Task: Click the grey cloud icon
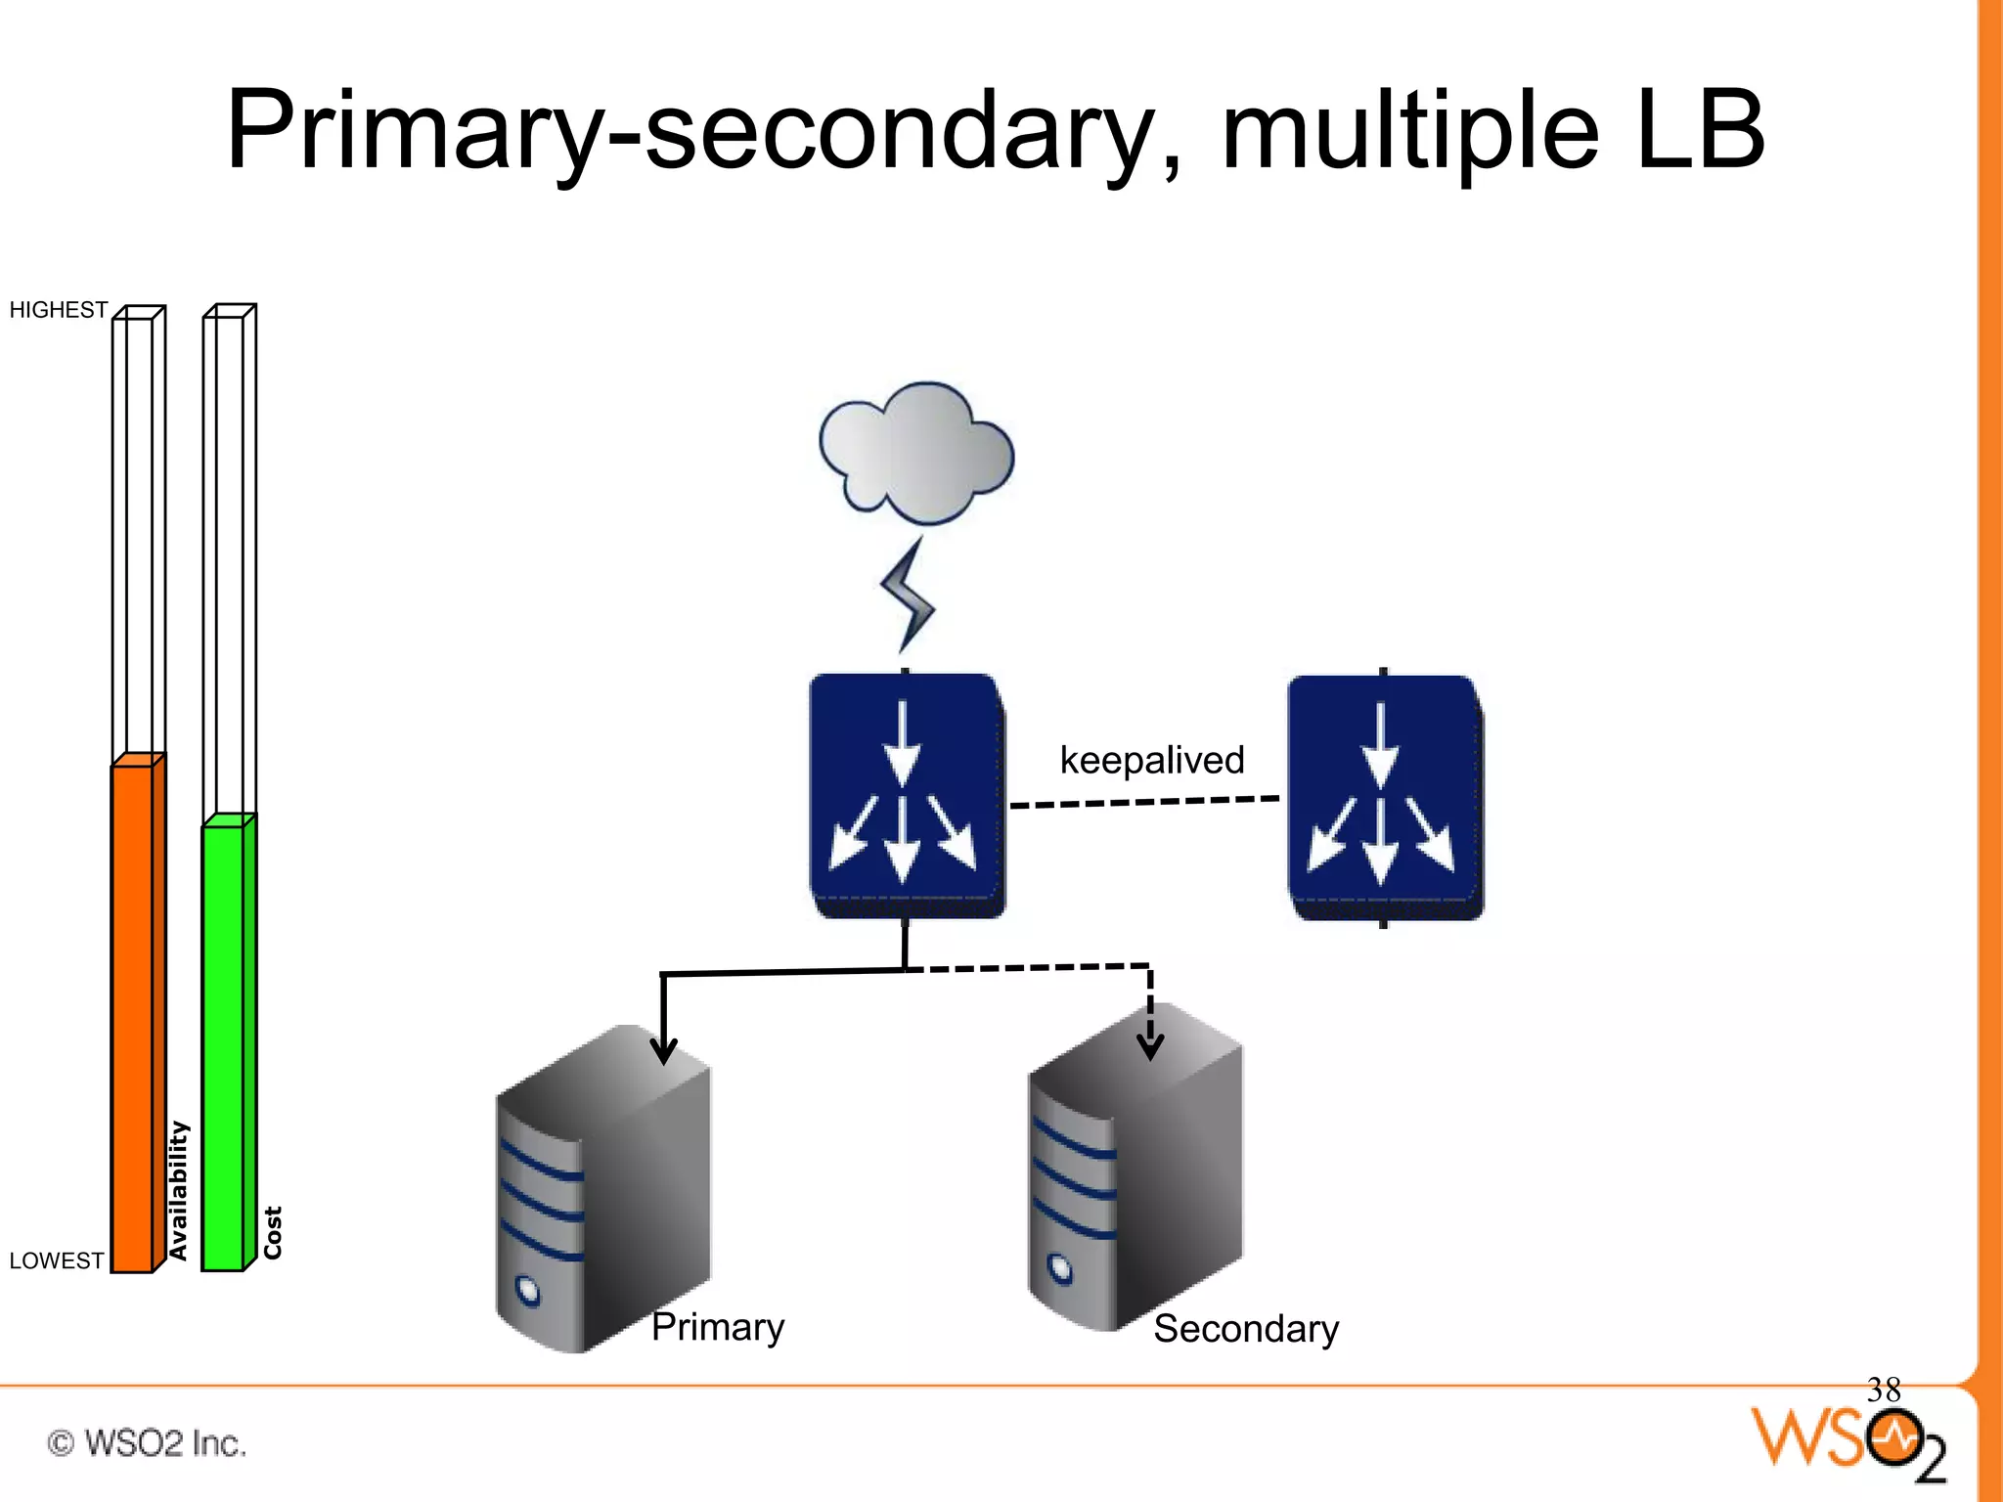pos(915,453)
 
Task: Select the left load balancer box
pos(906,794)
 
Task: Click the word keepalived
pos(1151,760)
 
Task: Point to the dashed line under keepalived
pos(1144,802)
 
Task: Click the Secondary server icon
pos(1135,1169)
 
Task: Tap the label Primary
pos(718,1327)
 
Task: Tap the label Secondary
pos(1245,1329)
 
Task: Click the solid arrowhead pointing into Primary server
pos(664,1051)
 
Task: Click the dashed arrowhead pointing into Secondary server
pos(1150,1046)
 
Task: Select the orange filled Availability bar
pos(133,1017)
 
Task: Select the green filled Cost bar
pos(224,1046)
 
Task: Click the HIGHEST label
pos(58,310)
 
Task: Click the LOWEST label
pos(56,1260)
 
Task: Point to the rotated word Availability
pos(178,1190)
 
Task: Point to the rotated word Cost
pos(273,1232)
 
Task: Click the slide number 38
pos(1883,1390)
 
